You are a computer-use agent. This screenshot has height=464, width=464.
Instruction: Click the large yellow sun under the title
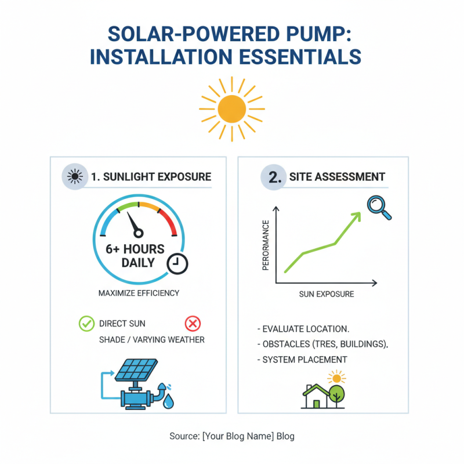231,108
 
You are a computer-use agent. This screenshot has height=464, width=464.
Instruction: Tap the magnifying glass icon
378,206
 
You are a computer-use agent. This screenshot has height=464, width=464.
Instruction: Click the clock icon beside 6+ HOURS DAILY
177,263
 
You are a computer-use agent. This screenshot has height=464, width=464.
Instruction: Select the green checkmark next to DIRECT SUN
86,324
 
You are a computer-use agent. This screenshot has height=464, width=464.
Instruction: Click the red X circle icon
192,324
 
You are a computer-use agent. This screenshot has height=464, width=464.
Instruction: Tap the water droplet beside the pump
168,401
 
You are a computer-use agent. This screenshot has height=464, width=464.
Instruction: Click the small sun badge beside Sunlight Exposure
75,176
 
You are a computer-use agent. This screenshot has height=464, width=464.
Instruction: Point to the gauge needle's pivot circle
138,233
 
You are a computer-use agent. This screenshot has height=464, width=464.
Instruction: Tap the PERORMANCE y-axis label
266,245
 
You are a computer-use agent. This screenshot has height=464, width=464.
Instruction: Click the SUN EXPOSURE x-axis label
326,294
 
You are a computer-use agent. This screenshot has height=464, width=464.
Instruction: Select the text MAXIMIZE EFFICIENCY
139,293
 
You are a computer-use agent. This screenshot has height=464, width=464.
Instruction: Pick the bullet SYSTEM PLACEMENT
304,360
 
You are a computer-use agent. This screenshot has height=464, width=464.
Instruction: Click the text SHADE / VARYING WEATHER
152,339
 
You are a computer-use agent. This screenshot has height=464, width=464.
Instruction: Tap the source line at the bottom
232,436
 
